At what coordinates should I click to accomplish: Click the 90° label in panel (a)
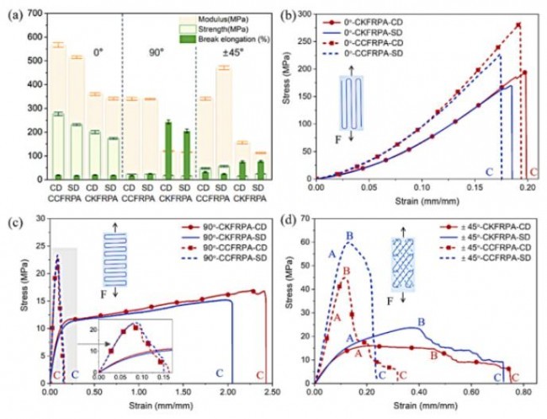click(x=157, y=52)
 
